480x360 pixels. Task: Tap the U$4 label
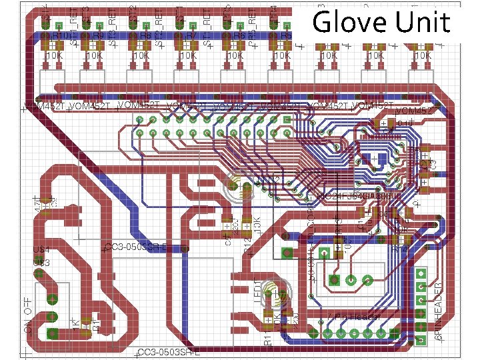[41, 250]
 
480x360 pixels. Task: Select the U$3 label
[41, 263]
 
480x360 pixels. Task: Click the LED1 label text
[258, 293]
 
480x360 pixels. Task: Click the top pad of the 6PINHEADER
[421, 274]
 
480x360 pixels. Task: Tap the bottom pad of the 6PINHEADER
[421, 340]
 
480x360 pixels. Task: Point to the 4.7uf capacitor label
[37, 204]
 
